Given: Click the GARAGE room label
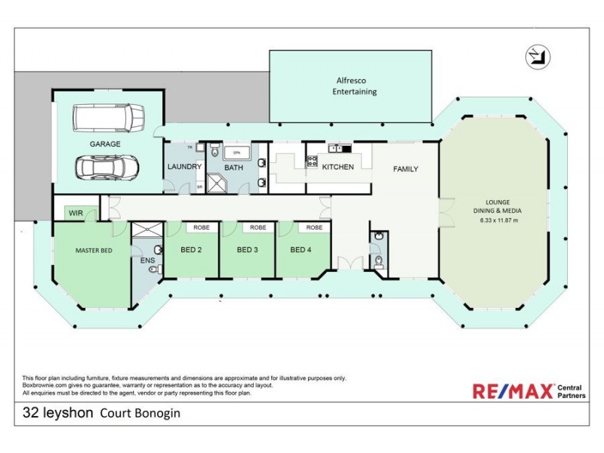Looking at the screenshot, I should tap(106, 143).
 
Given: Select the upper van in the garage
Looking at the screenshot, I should tap(108, 117).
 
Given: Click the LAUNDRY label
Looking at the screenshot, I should tap(183, 167).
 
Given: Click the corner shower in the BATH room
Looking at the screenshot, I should tap(217, 183).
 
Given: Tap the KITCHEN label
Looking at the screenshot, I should tap(337, 167).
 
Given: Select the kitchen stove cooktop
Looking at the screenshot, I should tap(311, 160).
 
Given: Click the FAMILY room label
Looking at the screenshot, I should tap(405, 169).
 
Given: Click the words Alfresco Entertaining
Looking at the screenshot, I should tap(355, 85).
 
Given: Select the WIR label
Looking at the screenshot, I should tap(75, 214).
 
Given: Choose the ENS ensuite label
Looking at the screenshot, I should tap(147, 260).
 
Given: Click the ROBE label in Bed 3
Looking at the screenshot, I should tap(258, 226).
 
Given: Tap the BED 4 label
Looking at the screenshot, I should tap(302, 249).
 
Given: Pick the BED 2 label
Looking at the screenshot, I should tap(191, 249).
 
